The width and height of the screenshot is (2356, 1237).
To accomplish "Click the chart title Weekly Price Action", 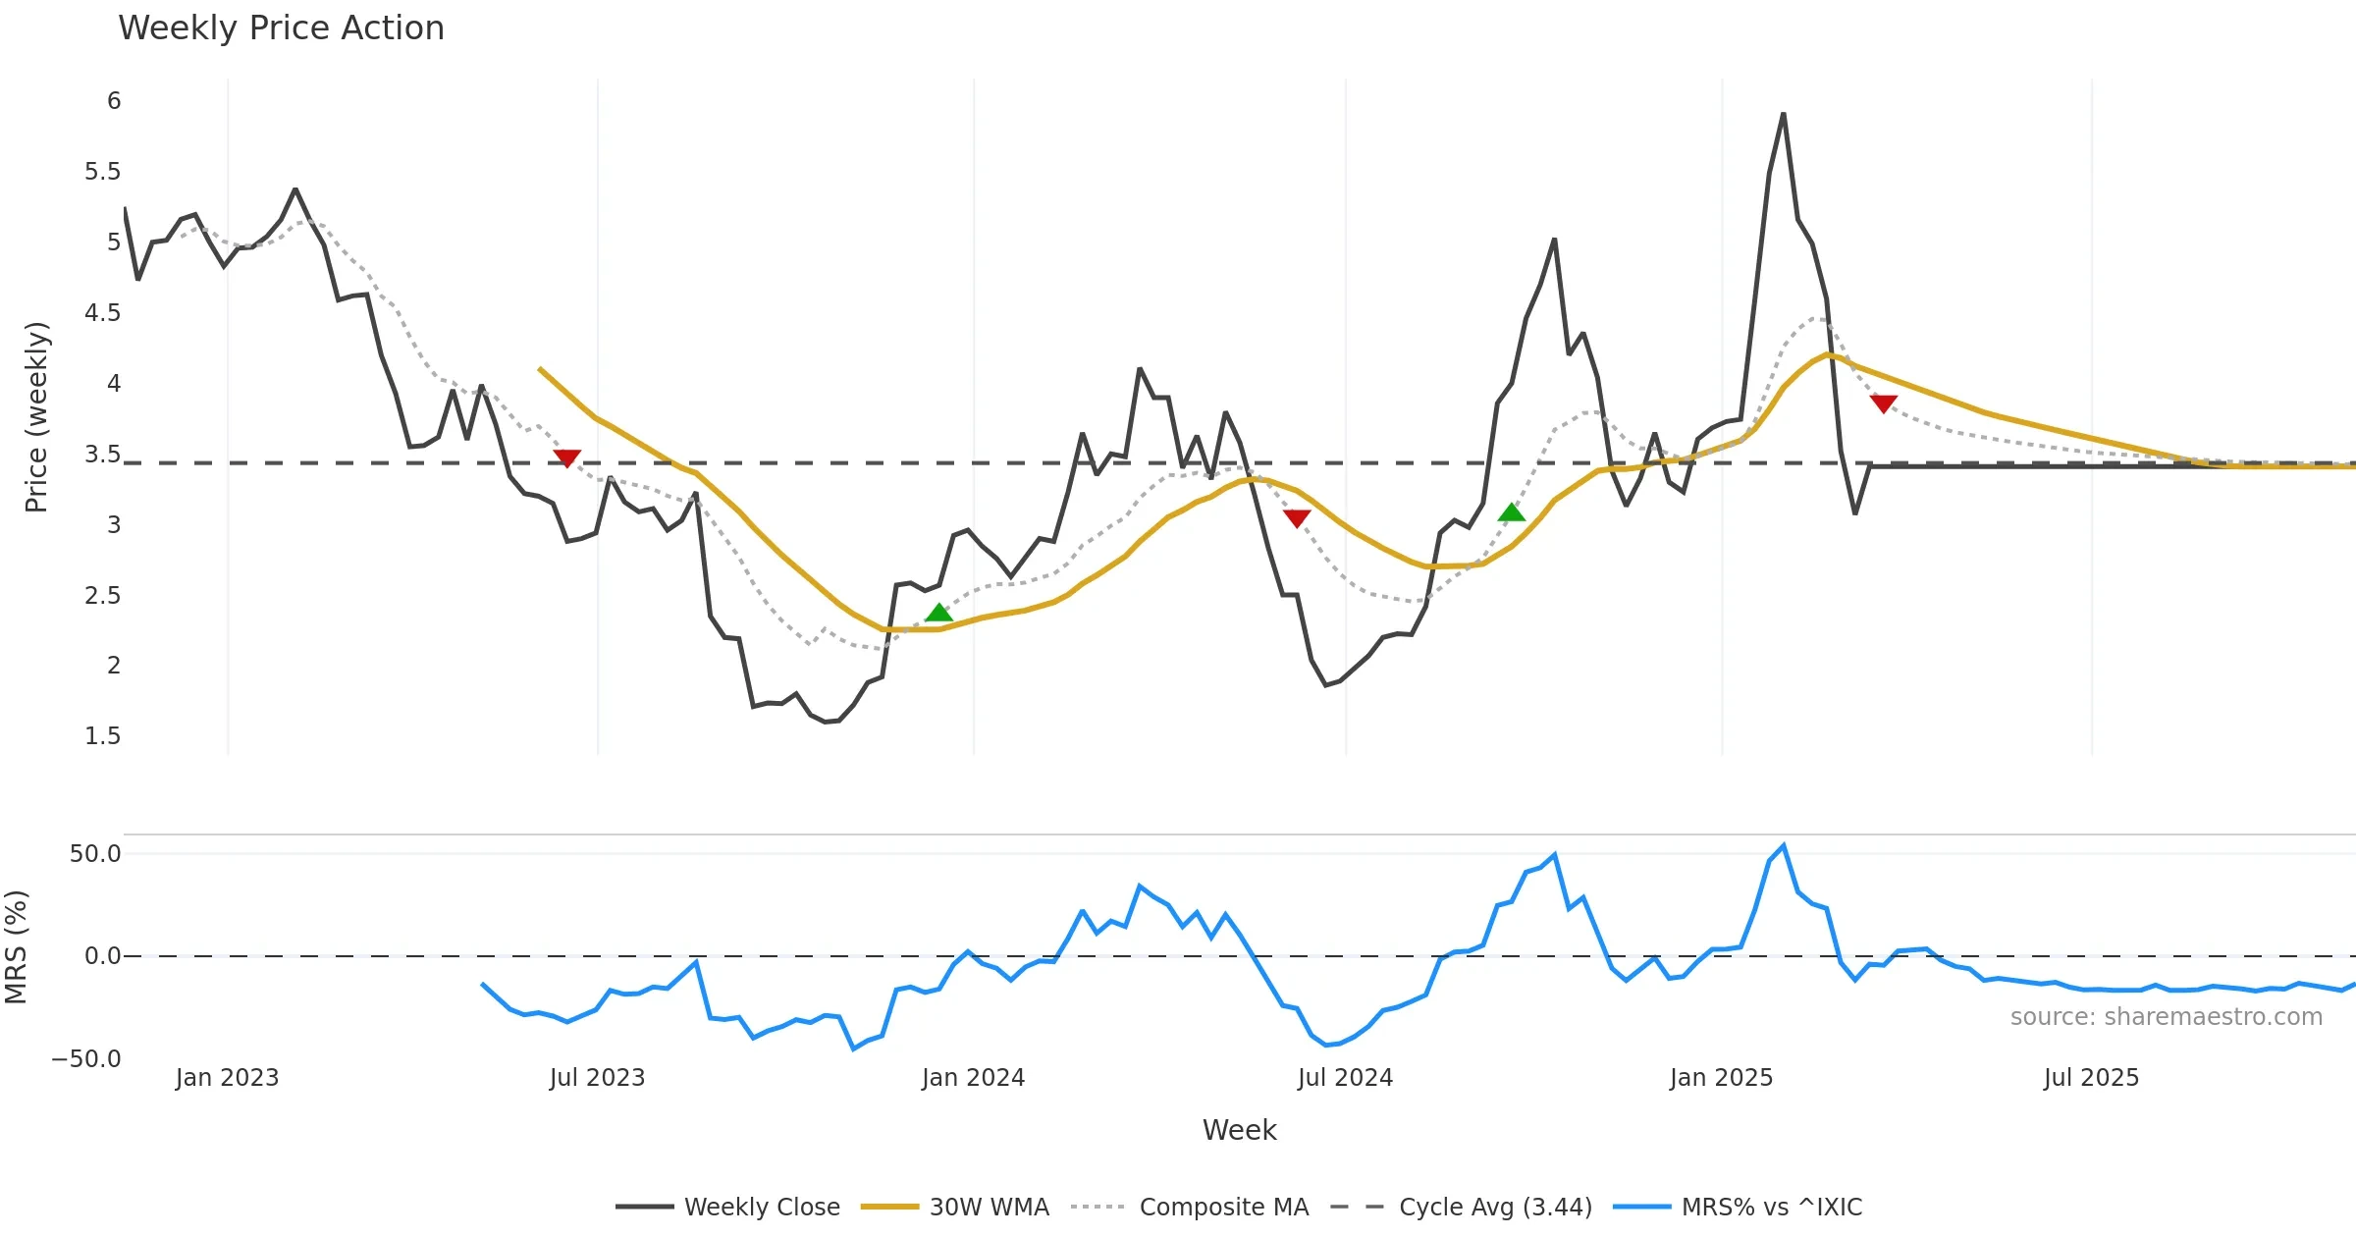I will tap(281, 28).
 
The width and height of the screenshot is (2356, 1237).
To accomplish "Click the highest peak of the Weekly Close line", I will tap(1783, 115).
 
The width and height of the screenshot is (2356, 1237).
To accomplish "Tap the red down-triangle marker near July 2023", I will tap(566, 457).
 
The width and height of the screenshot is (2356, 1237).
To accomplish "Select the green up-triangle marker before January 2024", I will tap(938, 613).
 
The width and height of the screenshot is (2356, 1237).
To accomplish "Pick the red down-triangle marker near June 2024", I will tap(1297, 518).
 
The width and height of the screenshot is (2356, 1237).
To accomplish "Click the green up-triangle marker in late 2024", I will tap(1512, 511).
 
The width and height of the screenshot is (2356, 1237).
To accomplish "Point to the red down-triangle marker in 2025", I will tap(1883, 403).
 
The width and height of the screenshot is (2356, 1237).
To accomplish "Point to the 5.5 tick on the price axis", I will tap(102, 172).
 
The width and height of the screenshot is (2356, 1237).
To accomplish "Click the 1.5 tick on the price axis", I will tap(102, 736).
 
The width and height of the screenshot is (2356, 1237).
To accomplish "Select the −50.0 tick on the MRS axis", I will tap(86, 1059).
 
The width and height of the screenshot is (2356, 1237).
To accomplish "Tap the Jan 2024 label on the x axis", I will tap(973, 1078).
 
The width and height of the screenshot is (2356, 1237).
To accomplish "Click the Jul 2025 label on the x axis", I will tap(2091, 1078).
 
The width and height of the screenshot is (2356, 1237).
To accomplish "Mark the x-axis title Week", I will tap(1239, 1130).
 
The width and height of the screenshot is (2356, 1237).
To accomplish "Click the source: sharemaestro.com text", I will tap(2166, 1017).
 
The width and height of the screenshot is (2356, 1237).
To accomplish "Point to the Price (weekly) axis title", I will tap(36, 417).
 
